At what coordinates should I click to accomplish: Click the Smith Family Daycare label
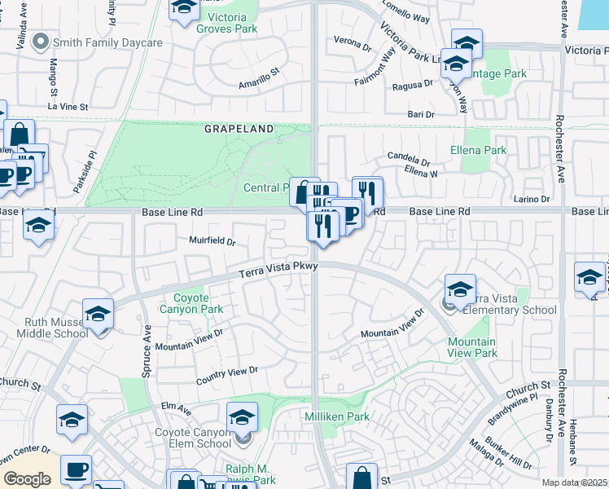(107, 42)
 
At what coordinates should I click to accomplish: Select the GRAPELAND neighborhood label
(238, 129)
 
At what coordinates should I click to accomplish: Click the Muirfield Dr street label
(212, 241)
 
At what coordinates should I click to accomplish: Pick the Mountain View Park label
(472, 347)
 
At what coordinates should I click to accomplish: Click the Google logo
(27, 479)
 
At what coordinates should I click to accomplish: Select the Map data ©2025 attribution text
(573, 482)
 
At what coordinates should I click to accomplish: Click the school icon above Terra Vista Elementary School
(460, 289)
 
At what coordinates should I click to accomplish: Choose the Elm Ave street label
(175, 407)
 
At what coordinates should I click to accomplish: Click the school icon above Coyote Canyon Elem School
(242, 419)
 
